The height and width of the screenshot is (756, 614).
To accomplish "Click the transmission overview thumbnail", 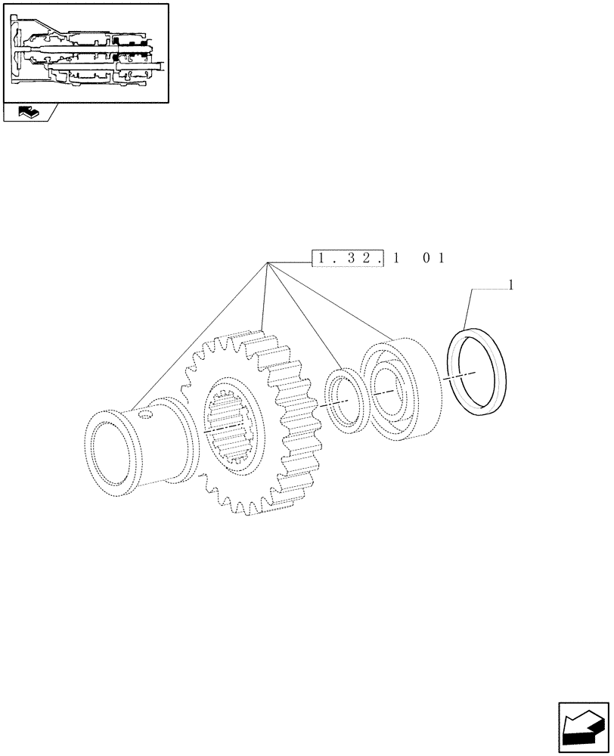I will coord(85,53).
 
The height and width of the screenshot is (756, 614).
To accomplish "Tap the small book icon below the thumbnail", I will coord(28,113).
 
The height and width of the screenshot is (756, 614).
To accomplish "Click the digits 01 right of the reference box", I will coord(433,259).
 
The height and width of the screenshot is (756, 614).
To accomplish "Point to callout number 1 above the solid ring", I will coord(513,285).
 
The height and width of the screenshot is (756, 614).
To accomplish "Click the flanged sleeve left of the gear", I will coord(136,446).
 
